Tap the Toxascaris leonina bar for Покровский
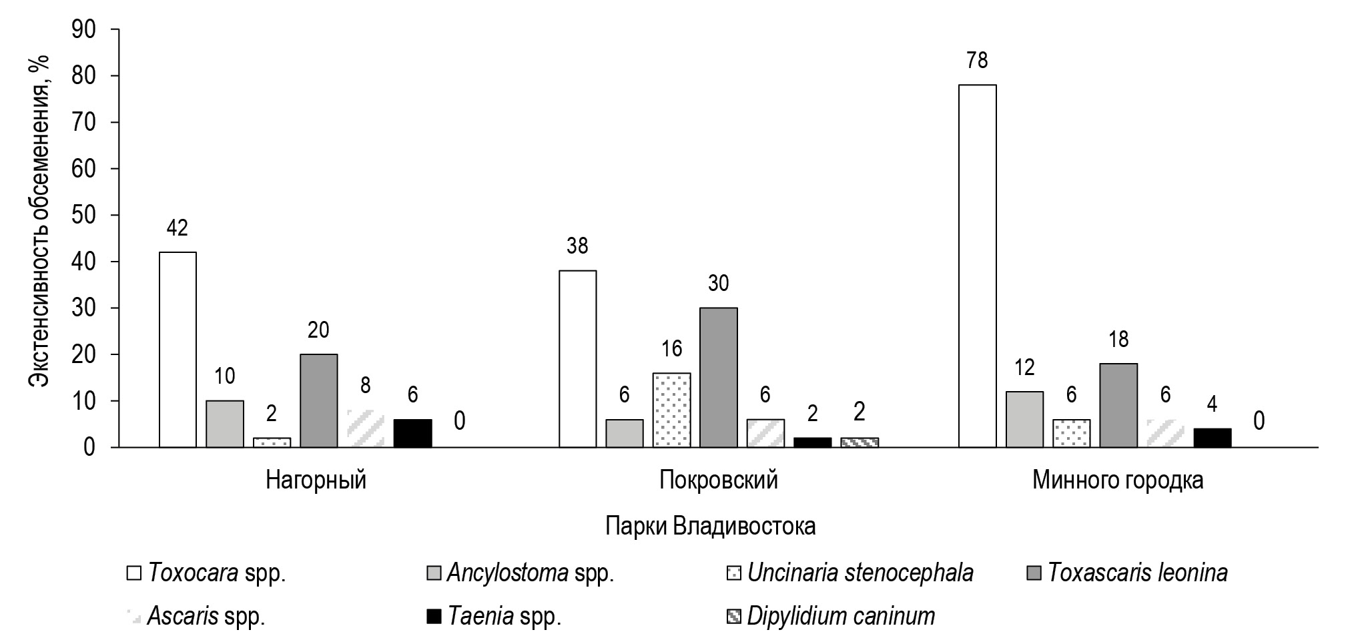pos(718,377)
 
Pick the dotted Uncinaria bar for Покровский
pos(671,410)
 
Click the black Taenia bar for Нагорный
pos(412,433)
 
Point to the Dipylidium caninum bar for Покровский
pos(859,442)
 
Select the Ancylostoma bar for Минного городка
pos(1024,419)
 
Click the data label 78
pos(977,61)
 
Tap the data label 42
pos(177,228)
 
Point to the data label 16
pos(671,349)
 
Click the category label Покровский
pos(718,481)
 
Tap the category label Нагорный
pos(316,481)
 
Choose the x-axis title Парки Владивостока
pos(710,526)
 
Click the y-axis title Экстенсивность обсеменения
pos(41,220)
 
